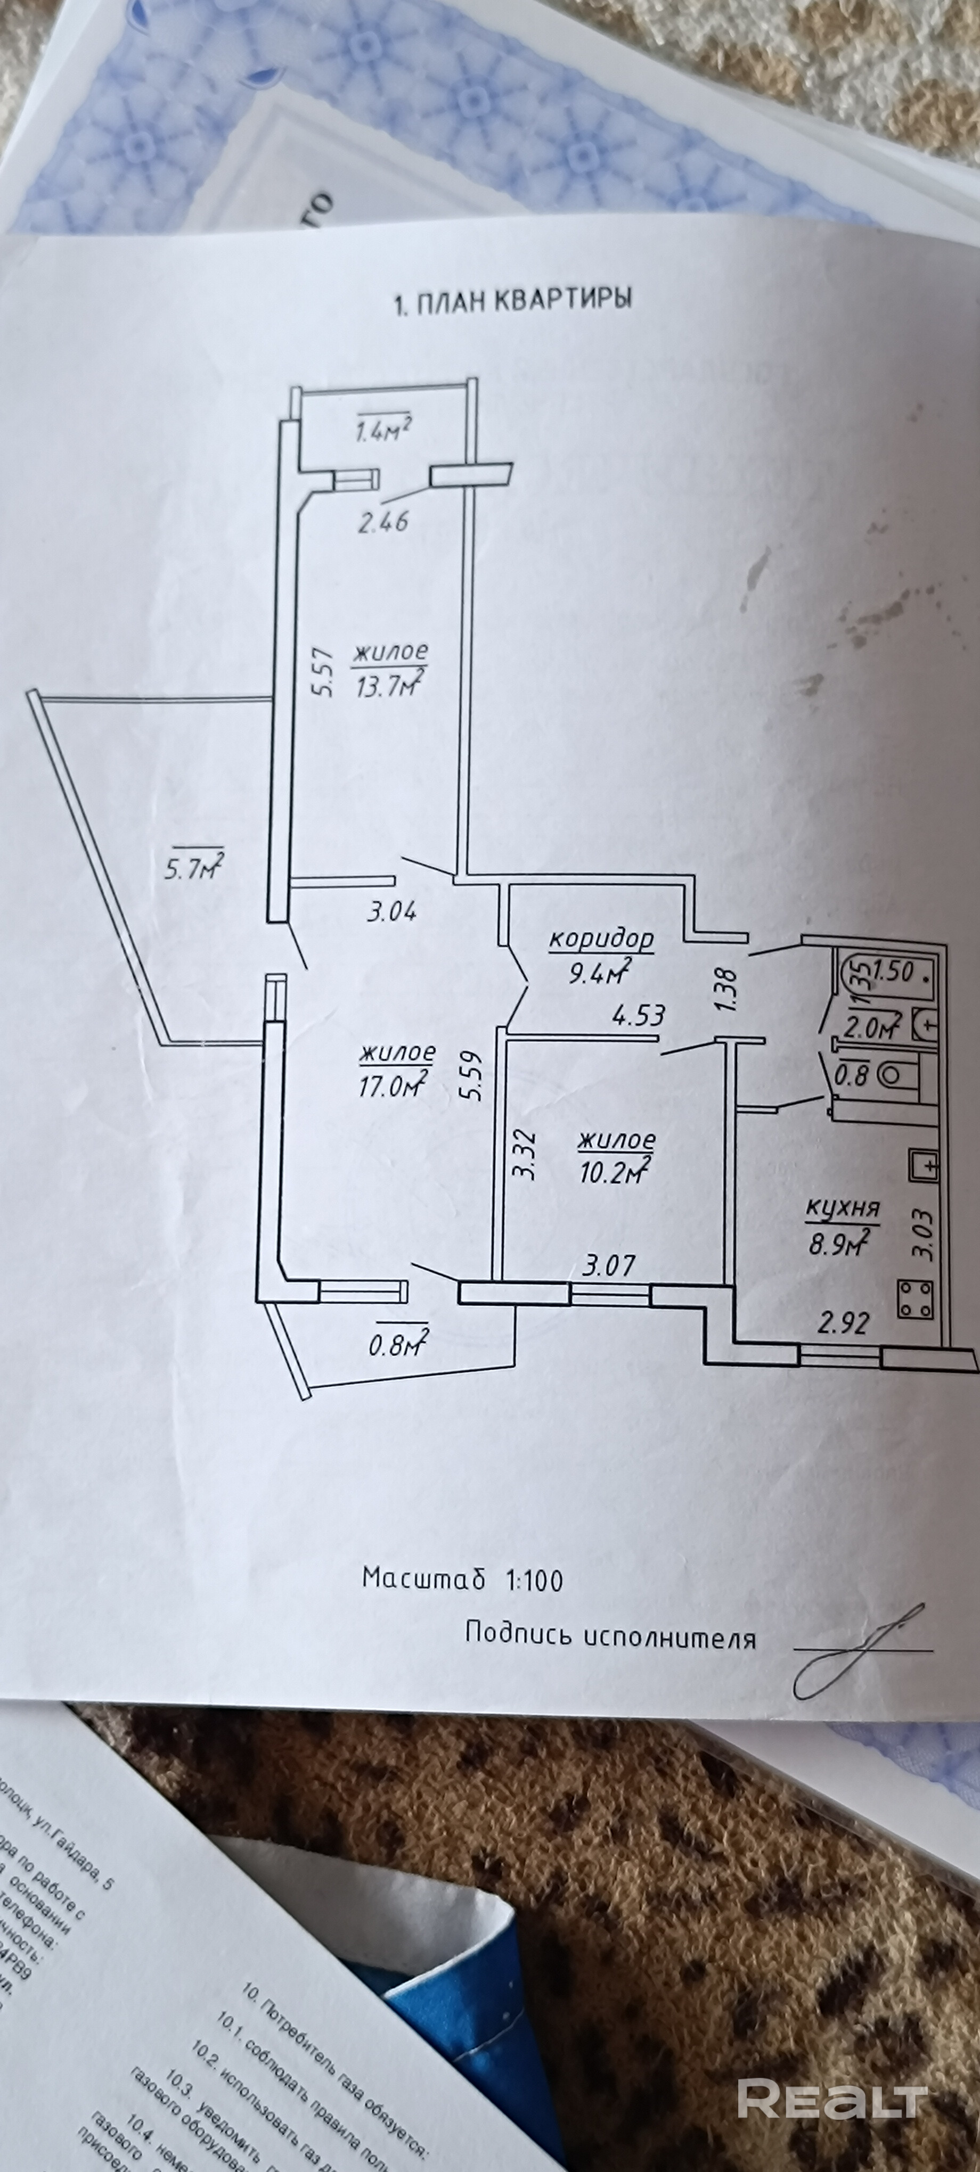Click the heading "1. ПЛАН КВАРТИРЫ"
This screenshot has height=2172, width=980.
click(x=513, y=300)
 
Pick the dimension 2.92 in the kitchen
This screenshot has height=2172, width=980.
click(x=843, y=1323)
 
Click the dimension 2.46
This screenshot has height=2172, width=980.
click(x=383, y=522)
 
